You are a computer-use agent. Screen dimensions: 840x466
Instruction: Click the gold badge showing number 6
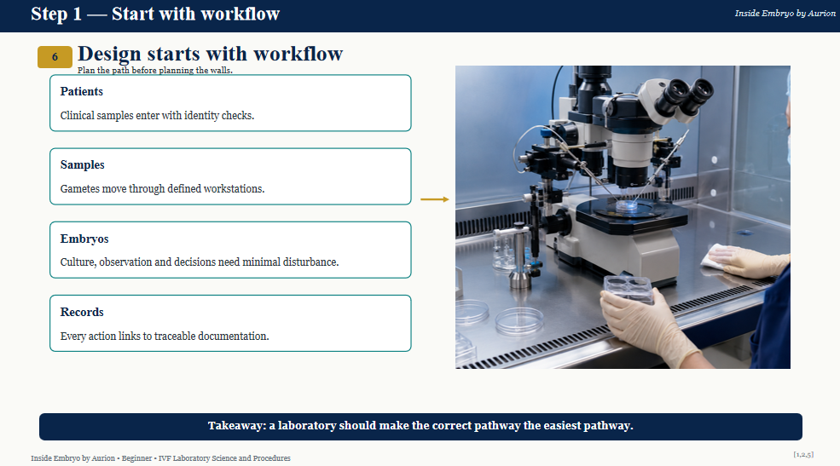click(x=55, y=57)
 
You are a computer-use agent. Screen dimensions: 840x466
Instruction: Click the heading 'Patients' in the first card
click(x=81, y=91)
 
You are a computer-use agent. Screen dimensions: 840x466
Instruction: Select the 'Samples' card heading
click(x=83, y=164)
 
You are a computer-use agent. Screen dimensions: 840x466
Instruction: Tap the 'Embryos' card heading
click(x=84, y=239)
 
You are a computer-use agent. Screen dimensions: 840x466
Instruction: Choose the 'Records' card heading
click(x=82, y=312)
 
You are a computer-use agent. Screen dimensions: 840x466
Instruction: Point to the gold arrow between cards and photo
click(x=434, y=199)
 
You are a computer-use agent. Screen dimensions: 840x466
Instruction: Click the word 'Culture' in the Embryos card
click(x=78, y=262)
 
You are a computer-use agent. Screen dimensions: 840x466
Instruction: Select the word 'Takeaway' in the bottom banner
click(x=235, y=426)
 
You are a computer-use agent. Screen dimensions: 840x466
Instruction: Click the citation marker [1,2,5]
click(x=803, y=455)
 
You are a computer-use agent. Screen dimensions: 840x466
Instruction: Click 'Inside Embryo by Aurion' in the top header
click(x=785, y=14)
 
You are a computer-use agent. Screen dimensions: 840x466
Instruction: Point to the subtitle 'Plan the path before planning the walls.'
click(x=155, y=70)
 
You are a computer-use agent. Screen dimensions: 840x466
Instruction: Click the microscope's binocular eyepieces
click(x=686, y=95)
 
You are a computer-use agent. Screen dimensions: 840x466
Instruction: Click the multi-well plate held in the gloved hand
click(x=629, y=290)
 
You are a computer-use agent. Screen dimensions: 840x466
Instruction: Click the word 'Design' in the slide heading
click(x=110, y=54)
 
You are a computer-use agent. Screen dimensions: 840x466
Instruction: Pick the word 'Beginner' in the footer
click(x=136, y=458)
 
